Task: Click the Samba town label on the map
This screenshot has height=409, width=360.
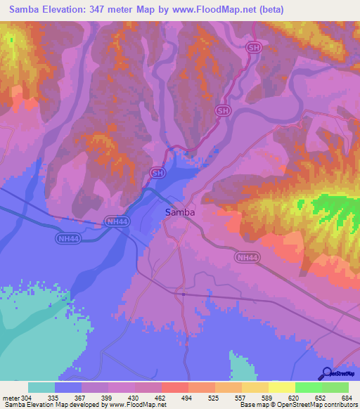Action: click(x=179, y=212)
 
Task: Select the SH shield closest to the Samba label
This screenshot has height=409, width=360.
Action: click(x=157, y=171)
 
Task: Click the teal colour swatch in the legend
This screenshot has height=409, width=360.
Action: click(x=41, y=387)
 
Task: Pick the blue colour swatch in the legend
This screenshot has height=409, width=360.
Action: click(x=68, y=387)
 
